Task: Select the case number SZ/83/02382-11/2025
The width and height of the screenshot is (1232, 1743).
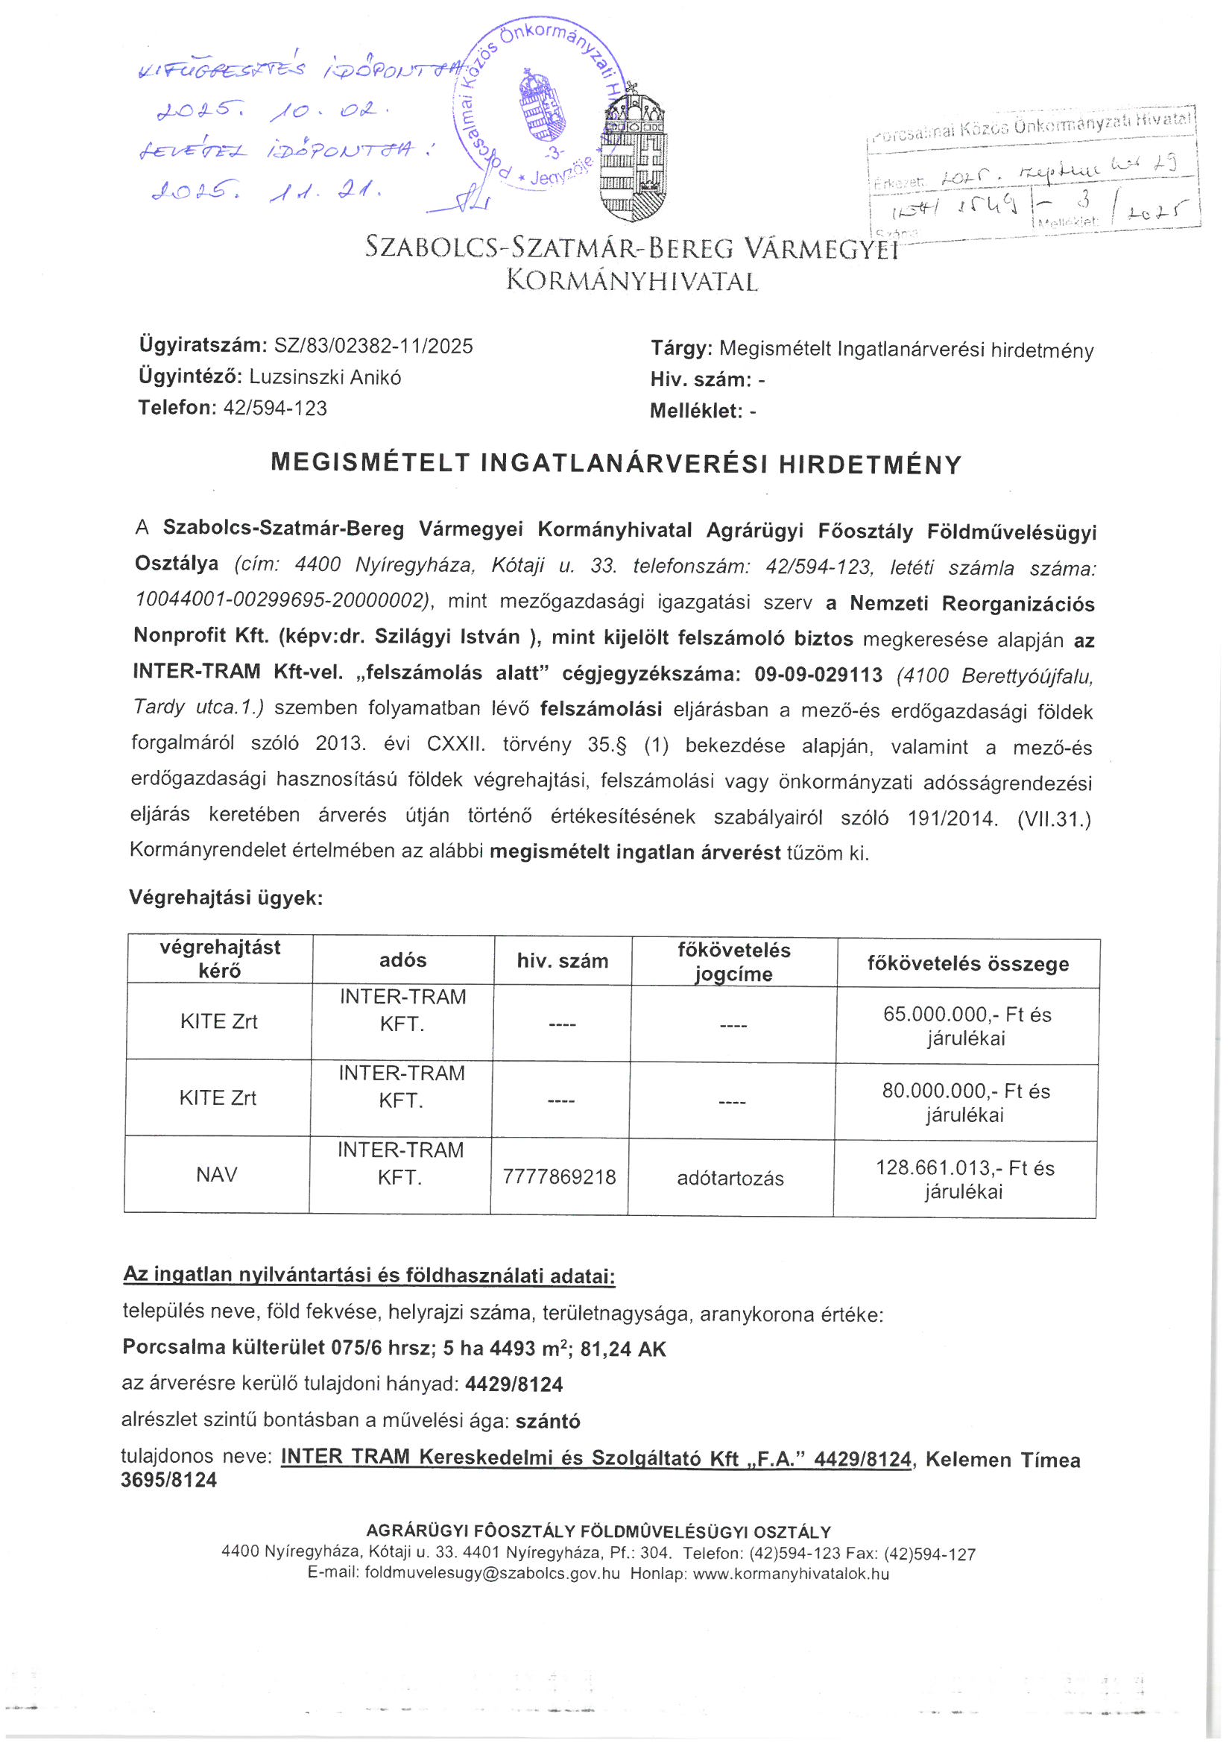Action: pos(373,346)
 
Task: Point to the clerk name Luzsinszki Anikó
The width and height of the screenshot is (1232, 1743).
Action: pos(325,377)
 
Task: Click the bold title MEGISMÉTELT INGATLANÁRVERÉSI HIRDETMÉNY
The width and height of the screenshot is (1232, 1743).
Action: pos(616,464)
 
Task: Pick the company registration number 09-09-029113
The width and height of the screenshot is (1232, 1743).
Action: pos(818,674)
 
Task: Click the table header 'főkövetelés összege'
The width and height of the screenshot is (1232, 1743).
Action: pos(968,963)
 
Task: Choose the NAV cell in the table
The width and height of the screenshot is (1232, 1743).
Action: pos(217,1174)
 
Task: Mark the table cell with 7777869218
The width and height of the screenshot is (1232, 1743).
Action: pos(560,1176)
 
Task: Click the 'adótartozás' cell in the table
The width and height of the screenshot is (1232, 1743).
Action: pos(730,1178)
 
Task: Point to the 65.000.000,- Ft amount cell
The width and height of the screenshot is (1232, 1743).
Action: pos(967,1025)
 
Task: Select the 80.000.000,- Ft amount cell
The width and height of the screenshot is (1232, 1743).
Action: pos(966,1102)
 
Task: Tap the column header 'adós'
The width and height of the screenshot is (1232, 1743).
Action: pos(402,960)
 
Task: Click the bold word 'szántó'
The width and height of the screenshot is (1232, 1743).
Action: pos(548,1421)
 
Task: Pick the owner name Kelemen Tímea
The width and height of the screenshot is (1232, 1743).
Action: pos(1002,1460)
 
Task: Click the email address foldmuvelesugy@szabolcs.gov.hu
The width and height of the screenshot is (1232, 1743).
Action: pos(492,1573)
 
